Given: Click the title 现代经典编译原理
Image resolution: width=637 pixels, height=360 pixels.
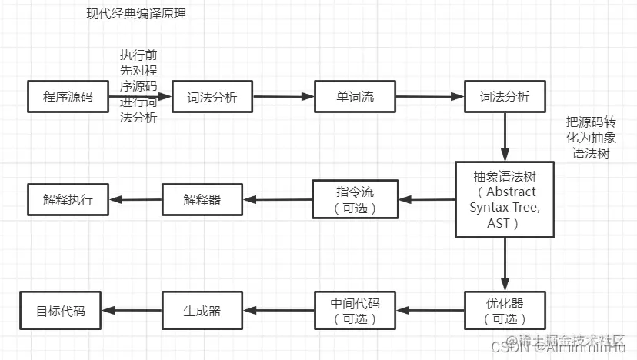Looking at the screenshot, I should click(x=136, y=14).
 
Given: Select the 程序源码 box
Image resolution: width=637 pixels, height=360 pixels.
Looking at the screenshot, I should click(x=68, y=97).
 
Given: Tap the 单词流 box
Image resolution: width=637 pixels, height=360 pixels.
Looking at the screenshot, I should click(x=355, y=97).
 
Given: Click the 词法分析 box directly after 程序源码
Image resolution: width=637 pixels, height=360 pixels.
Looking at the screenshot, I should click(x=212, y=98).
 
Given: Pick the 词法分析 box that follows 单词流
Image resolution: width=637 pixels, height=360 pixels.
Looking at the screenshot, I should click(x=505, y=97).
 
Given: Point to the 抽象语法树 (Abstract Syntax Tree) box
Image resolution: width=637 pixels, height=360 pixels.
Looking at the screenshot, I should click(x=505, y=199).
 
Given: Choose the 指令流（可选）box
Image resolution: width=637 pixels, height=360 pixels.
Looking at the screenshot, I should click(x=355, y=198).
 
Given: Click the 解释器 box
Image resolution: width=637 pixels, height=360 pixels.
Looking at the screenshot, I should click(x=202, y=199).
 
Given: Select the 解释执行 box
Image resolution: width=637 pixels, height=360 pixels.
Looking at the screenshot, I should click(x=68, y=199).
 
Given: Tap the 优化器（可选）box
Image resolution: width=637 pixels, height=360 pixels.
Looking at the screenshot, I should click(x=505, y=309).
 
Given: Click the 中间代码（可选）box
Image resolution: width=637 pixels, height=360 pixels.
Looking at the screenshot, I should click(x=355, y=309).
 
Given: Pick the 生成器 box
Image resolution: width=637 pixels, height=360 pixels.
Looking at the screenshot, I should click(x=202, y=310).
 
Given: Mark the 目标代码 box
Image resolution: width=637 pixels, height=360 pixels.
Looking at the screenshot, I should click(x=61, y=310).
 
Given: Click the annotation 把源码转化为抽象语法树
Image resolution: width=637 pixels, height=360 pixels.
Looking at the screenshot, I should click(x=591, y=138).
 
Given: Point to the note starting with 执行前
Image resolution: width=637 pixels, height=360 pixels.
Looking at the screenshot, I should click(x=138, y=86).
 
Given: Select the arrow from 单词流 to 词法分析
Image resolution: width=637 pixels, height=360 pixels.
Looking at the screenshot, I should click(x=429, y=97).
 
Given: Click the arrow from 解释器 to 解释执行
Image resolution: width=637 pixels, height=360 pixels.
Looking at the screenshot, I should click(x=135, y=200).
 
